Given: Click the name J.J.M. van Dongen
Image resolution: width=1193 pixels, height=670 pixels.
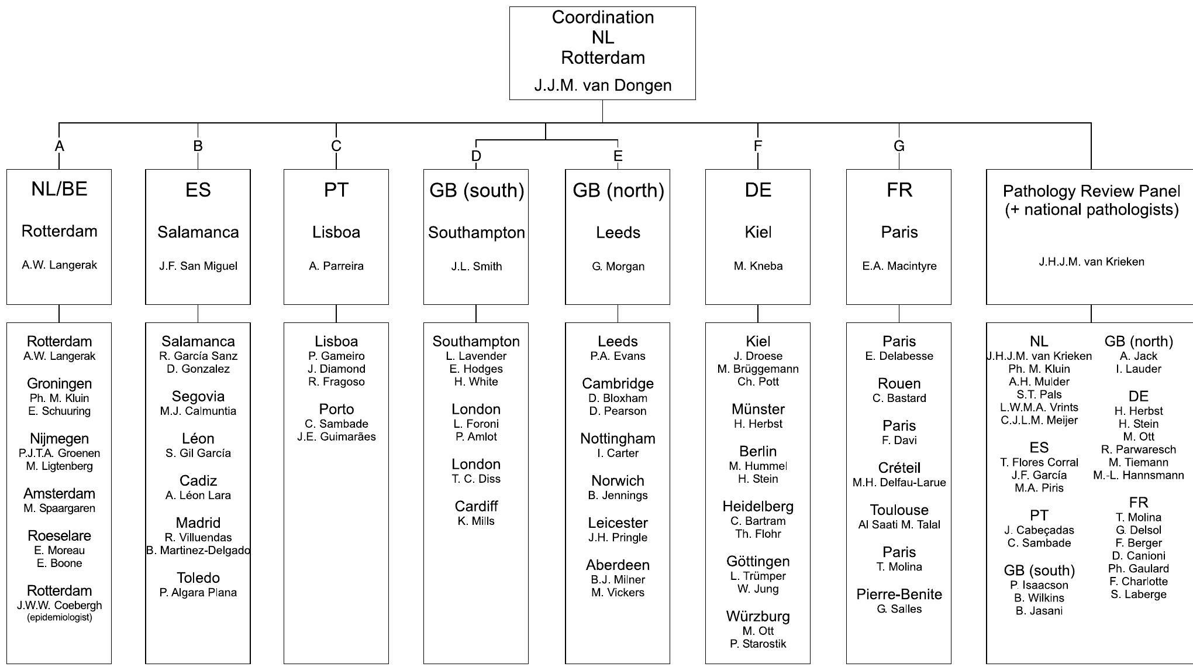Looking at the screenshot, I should point(602,85).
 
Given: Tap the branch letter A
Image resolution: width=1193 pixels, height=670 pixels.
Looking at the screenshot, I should point(59,146).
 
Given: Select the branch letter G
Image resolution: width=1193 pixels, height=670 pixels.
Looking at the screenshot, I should point(899,146).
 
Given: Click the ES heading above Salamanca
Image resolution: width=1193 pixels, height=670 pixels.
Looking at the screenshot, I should point(198,190).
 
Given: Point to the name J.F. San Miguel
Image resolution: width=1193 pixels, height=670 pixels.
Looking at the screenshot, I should point(198,266).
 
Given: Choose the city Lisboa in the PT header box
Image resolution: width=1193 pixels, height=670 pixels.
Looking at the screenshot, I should point(336,232).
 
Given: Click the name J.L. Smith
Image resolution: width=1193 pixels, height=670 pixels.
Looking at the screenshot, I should point(476,267).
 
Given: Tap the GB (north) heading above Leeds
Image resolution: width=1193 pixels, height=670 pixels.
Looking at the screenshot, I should point(618,191).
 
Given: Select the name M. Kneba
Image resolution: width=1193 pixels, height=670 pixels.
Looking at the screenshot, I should point(758,266).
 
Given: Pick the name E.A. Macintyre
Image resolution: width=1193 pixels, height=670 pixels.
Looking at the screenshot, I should point(899,266).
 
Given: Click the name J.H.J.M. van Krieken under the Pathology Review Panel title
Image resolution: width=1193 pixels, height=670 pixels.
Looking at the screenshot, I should point(1091,262).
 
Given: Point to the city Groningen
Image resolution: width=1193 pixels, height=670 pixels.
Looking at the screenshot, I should point(59,384).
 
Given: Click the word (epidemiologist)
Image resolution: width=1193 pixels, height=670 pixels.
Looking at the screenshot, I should point(59,617).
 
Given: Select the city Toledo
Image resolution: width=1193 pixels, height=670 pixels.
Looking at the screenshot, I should point(198,578).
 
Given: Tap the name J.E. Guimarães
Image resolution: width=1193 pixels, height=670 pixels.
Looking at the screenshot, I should point(336,437).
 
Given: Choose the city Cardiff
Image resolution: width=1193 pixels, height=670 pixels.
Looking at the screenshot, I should point(476,507).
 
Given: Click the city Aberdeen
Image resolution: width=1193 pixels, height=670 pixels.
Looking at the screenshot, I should point(618,565).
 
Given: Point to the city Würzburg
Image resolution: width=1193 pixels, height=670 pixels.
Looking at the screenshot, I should point(758,617).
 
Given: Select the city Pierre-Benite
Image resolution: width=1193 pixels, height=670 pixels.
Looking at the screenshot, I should point(899,595).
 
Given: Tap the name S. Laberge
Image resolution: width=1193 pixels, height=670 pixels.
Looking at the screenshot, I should point(1138,595).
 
